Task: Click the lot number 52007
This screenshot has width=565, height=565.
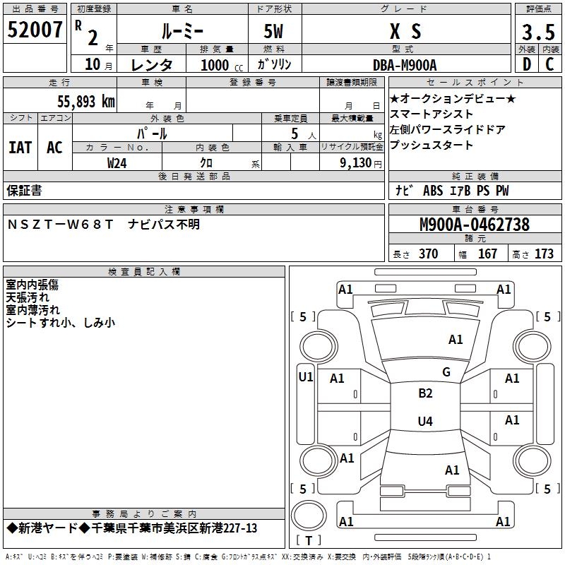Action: click(35, 30)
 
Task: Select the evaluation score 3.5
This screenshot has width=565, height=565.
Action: click(537, 32)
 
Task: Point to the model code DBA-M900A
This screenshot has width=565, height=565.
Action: click(405, 65)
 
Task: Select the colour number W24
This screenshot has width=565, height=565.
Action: click(117, 163)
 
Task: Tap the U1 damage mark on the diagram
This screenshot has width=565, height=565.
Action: click(306, 377)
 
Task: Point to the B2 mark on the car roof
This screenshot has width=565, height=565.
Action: click(425, 393)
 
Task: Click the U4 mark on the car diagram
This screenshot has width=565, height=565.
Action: click(425, 422)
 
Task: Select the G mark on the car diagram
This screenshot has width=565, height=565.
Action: click(446, 372)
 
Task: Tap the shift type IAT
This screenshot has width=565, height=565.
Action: click(20, 147)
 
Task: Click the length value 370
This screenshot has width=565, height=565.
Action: click(428, 254)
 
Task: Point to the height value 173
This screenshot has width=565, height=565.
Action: click(544, 254)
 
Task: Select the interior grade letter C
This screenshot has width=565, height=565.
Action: click(549, 64)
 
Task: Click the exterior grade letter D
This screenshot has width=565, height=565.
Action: click(526, 64)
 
